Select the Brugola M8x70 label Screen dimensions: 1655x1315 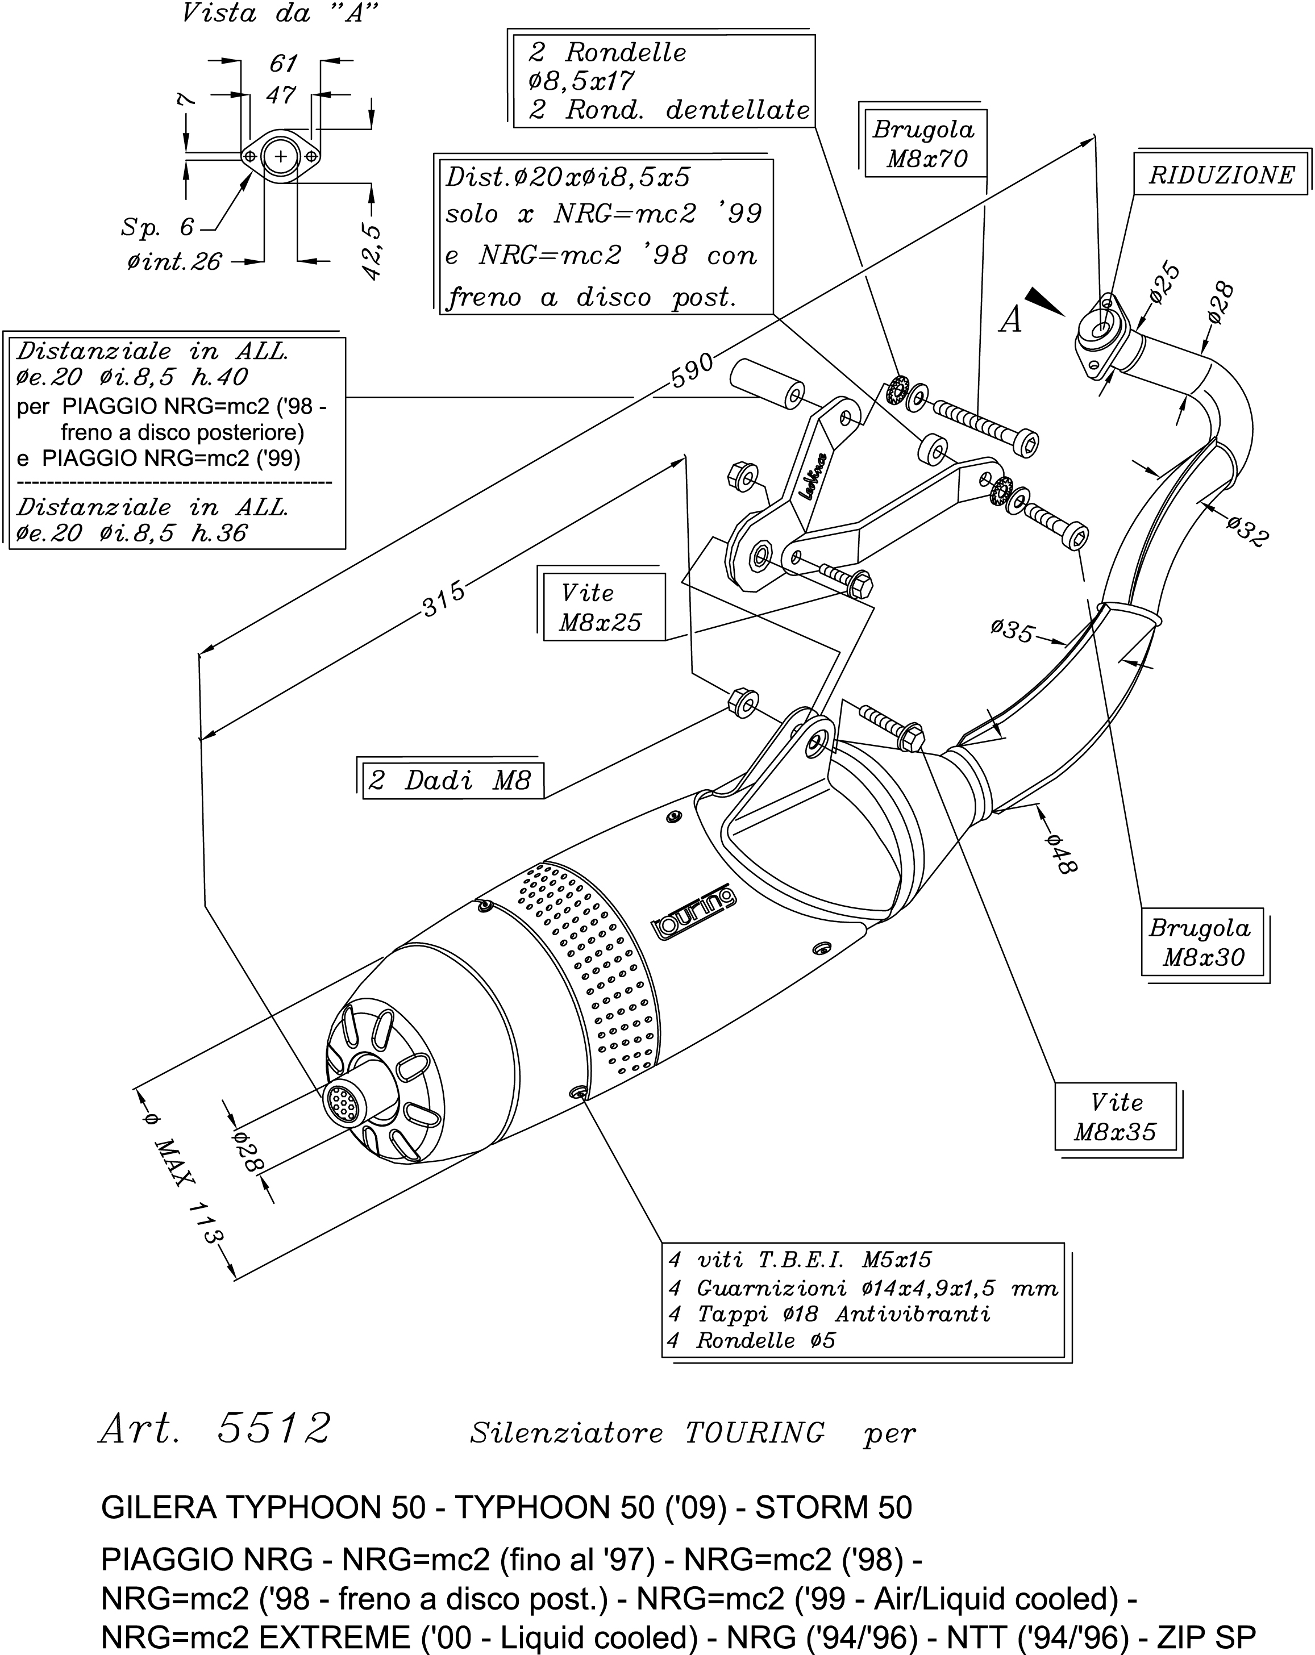point(924,144)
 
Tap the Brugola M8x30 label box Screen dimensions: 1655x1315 point(1201,943)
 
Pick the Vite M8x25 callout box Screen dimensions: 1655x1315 point(601,607)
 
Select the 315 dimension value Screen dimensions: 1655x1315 point(444,599)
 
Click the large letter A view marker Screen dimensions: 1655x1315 point(1011,319)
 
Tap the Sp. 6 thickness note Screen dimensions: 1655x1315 point(157,227)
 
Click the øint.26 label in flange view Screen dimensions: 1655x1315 point(174,262)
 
